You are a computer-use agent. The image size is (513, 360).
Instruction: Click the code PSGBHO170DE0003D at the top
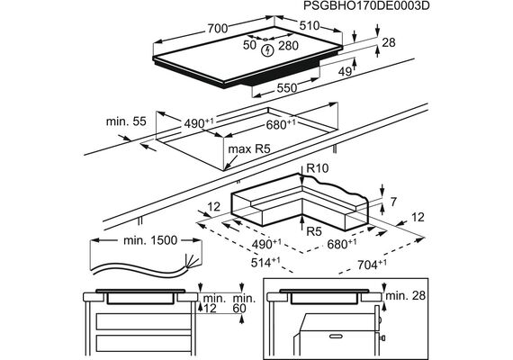click(366, 6)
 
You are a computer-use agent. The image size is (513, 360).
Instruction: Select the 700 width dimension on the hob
click(218, 29)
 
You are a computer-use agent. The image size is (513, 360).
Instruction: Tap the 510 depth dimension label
click(310, 25)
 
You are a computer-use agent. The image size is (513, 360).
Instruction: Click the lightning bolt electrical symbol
click(268, 50)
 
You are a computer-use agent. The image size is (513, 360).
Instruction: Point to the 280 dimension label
click(288, 46)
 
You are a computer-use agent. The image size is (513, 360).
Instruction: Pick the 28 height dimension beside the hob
click(389, 42)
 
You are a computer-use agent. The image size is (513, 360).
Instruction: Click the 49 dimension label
click(345, 71)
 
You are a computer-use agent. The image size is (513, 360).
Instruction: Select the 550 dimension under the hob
click(287, 87)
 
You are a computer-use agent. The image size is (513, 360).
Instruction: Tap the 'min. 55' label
click(126, 121)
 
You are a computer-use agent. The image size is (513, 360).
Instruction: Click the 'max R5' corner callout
click(249, 149)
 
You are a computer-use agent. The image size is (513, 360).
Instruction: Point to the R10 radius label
click(318, 168)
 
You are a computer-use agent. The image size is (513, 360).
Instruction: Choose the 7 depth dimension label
click(393, 202)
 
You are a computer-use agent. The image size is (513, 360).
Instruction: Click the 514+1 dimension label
click(265, 262)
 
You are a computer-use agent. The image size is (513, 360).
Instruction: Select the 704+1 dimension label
click(372, 264)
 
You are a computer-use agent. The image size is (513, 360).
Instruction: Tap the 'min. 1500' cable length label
click(150, 240)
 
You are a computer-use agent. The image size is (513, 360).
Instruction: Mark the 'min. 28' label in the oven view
click(406, 295)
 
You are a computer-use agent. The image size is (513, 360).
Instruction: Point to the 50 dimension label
click(249, 45)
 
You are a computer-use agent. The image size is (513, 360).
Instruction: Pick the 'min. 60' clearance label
click(243, 303)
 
